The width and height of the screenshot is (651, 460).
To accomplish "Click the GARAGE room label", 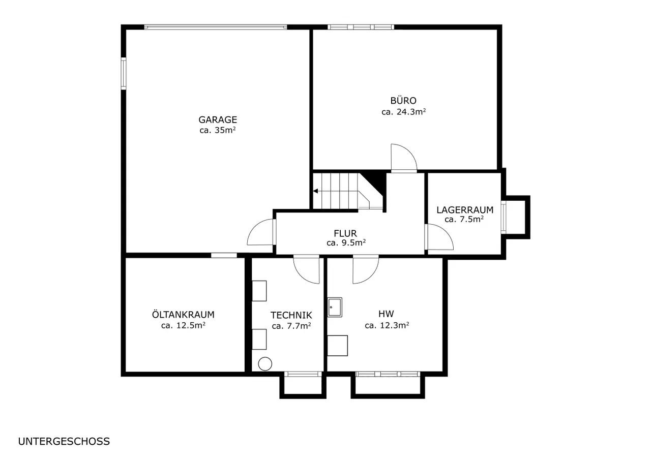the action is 218,119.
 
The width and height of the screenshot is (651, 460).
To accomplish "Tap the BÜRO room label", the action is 403,100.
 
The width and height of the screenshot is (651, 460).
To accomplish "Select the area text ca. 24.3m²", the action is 404,112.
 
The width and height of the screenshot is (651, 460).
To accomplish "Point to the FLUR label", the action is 345,233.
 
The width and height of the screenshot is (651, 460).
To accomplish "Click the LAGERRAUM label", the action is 465,210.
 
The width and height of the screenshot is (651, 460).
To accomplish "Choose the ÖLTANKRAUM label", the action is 183,314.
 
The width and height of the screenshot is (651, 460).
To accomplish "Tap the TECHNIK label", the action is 291,315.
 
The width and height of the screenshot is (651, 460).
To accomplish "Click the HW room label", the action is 386,314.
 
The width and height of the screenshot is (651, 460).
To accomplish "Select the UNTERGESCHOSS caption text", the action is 64,441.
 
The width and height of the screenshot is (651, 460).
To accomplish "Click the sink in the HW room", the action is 335,307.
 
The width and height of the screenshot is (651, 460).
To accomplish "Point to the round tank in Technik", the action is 265,364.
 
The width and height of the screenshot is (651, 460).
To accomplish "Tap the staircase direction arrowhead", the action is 315,191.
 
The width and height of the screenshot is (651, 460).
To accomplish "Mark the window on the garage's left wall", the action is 124,74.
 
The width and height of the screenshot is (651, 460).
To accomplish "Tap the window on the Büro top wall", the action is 361,27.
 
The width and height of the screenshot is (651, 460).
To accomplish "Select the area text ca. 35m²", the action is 217,130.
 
